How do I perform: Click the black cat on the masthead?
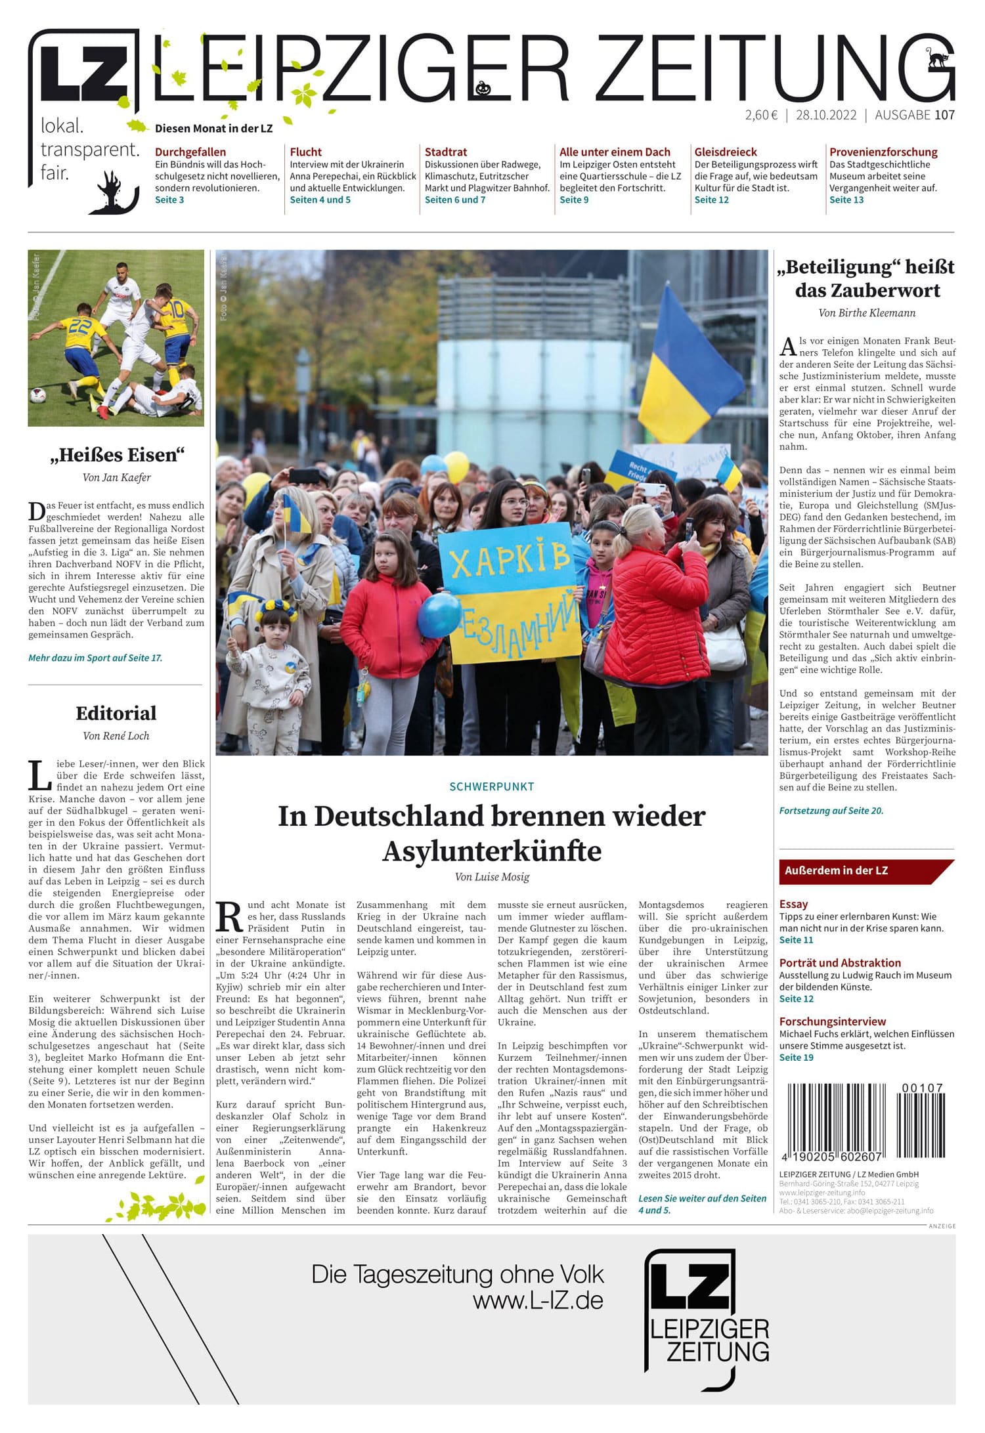pyautogui.click(x=938, y=59)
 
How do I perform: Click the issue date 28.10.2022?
pyautogui.click(x=826, y=115)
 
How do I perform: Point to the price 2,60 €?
pyautogui.click(x=761, y=115)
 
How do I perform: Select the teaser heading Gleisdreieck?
pyautogui.click(x=725, y=152)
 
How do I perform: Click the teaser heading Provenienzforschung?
pyautogui.click(x=883, y=152)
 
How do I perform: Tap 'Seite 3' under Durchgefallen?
pyautogui.click(x=169, y=200)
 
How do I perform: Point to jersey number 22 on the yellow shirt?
pyautogui.click(x=79, y=326)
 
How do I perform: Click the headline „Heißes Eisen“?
pyautogui.click(x=117, y=455)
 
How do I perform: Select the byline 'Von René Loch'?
pyautogui.click(x=116, y=736)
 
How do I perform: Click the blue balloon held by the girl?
pyautogui.click(x=439, y=615)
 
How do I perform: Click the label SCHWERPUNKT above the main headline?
pyautogui.click(x=491, y=786)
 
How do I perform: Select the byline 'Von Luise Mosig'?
pyautogui.click(x=491, y=877)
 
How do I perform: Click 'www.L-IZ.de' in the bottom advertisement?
pyautogui.click(x=538, y=1300)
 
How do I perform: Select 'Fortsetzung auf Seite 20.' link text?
pyautogui.click(x=831, y=811)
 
